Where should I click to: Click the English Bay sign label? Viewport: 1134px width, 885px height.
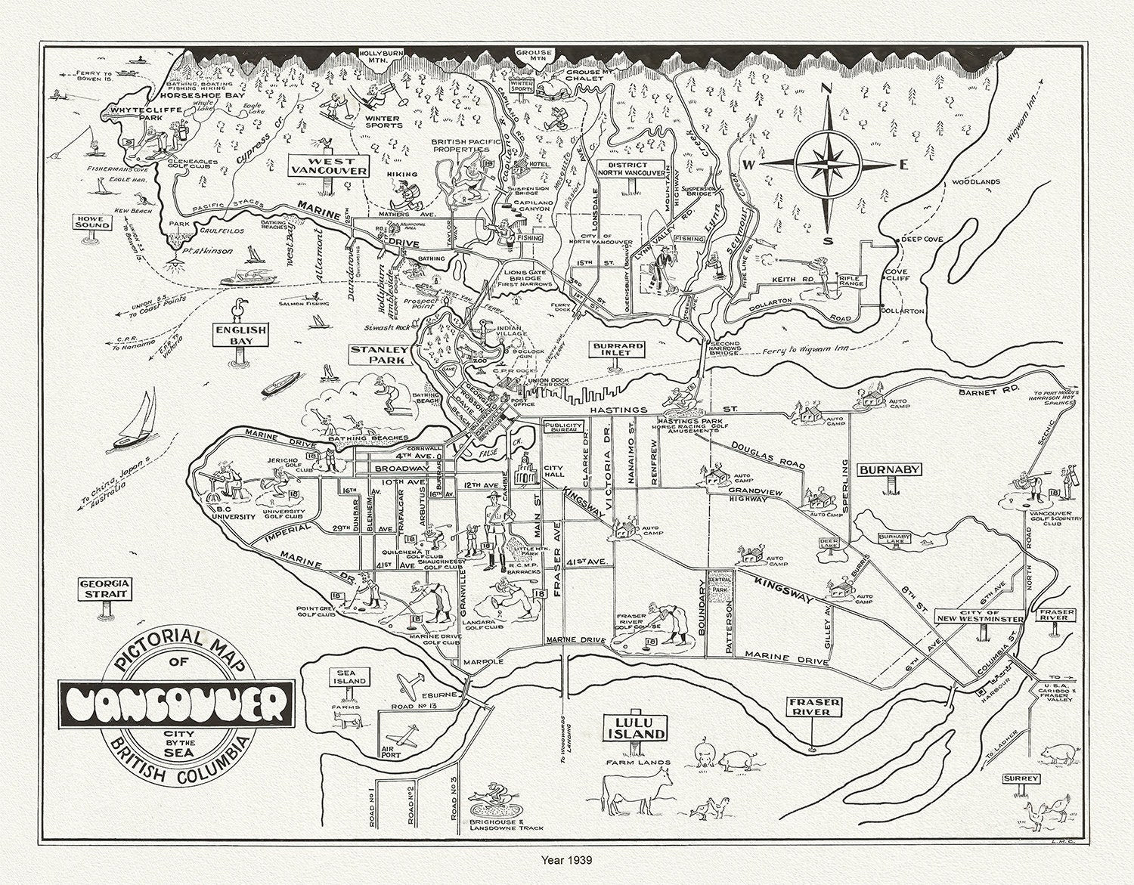coord(240,335)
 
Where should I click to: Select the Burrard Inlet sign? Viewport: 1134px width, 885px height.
coord(618,350)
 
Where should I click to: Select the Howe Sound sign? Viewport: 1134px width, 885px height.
coord(92,221)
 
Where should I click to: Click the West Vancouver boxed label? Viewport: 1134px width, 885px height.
coord(327,166)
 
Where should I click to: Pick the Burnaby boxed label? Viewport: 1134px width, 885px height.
coord(889,469)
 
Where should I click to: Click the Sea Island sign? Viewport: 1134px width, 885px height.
coord(351,676)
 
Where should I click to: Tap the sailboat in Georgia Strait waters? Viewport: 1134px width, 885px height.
coord(136,423)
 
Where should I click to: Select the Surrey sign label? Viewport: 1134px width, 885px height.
coord(1021,778)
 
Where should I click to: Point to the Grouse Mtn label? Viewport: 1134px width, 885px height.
coord(534,55)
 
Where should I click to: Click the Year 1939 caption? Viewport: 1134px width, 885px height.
coord(566,859)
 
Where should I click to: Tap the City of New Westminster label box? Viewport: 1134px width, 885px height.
coord(979,615)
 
